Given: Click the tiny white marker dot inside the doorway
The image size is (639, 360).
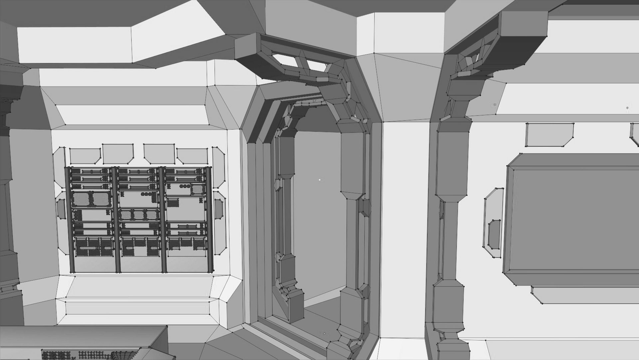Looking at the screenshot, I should (320, 180).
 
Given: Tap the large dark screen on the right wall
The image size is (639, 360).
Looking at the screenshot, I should (572, 220).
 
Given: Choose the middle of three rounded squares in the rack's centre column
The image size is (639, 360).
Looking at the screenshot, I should (138, 214).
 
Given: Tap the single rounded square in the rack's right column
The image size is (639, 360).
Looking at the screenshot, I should (197, 189).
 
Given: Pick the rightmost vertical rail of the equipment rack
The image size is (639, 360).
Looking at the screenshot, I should (209, 220).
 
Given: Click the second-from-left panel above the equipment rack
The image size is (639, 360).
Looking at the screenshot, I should (118, 154).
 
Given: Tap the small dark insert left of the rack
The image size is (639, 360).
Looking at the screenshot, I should (61, 209).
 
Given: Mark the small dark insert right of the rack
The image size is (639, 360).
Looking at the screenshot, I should (218, 209).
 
